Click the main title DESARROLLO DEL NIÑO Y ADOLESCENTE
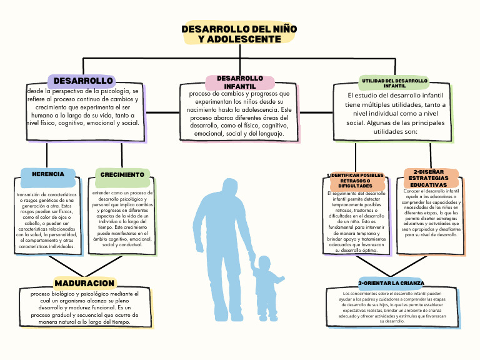tap(239, 34)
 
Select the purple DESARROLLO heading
tap(83, 81)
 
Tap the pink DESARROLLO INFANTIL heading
tap(240, 82)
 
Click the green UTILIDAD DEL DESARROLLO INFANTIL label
tap(394, 83)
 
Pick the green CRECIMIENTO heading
tap(122, 175)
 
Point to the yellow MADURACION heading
tap(84, 284)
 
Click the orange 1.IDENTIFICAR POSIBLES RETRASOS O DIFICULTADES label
tap(355, 181)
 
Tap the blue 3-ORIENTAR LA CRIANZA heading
tap(391, 283)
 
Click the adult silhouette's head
tap(229, 188)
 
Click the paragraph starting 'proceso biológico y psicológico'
tap(84, 307)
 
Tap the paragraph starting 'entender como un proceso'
tap(122, 219)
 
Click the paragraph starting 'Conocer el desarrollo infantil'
tap(431, 213)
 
